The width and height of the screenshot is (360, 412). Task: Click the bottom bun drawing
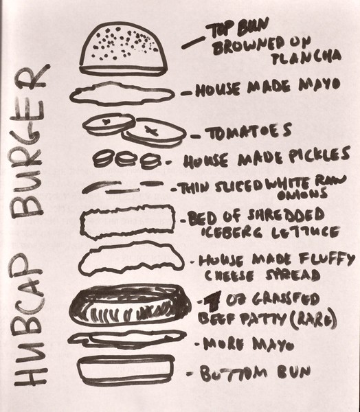point(126,370)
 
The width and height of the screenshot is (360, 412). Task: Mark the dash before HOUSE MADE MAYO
point(185,91)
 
